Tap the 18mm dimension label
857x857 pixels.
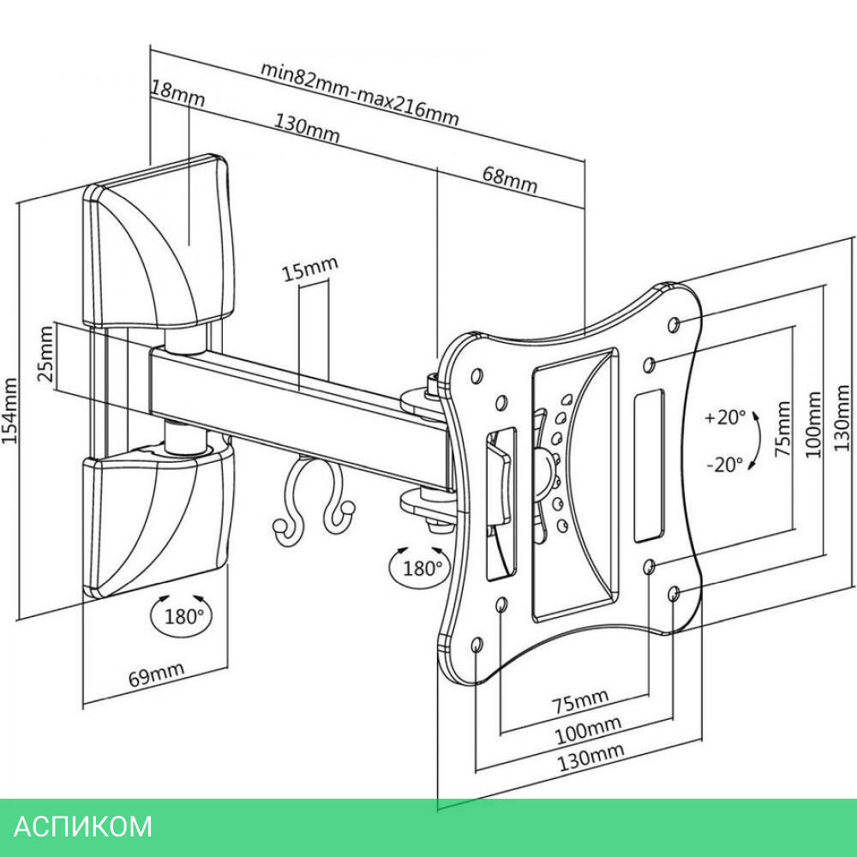pos(177,93)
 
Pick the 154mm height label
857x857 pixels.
pos(10,411)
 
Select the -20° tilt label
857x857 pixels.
pos(724,465)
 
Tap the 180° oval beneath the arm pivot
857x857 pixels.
pos(418,566)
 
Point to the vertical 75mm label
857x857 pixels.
pos(782,428)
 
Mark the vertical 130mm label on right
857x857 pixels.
pos(843,420)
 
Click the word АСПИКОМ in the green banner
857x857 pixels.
pos(84,826)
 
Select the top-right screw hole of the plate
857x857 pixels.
pos(673,324)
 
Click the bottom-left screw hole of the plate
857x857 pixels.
pos(477,644)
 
